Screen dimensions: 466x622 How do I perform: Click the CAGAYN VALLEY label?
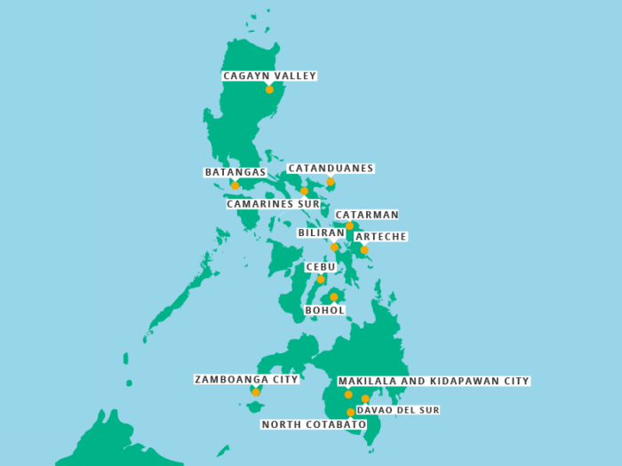click(269, 76)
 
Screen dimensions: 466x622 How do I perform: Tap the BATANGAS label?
click(235, 172)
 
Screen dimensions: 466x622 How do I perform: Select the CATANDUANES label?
click(331, 169)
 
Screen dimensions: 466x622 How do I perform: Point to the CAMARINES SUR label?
click(273, 204)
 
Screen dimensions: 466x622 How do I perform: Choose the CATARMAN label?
click(366, 215)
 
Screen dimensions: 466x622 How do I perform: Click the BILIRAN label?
click(321, 233)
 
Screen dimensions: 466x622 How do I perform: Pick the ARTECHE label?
click(380, 237)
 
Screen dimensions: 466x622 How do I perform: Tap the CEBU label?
click(321, 267)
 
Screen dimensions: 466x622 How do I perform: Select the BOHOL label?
click(324, 311)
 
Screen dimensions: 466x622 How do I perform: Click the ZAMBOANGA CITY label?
click(246, 380)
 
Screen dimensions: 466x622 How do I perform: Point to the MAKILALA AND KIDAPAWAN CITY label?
click(433, 382)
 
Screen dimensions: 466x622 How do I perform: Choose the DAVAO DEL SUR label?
click(397, 410)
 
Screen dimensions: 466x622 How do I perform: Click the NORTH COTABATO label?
click(314, 425)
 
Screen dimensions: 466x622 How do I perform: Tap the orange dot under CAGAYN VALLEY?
click(269, 90)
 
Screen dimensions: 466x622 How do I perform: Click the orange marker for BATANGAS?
click(235, 186)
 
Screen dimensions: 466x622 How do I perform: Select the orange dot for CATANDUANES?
click(331, 182)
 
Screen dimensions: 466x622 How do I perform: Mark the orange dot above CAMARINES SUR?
click(304, 191)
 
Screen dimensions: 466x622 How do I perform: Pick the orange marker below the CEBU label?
click(321, 280)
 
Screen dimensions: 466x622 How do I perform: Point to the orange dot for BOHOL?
click(333, 297)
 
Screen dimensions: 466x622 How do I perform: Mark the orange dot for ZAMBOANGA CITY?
click(256, 392)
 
